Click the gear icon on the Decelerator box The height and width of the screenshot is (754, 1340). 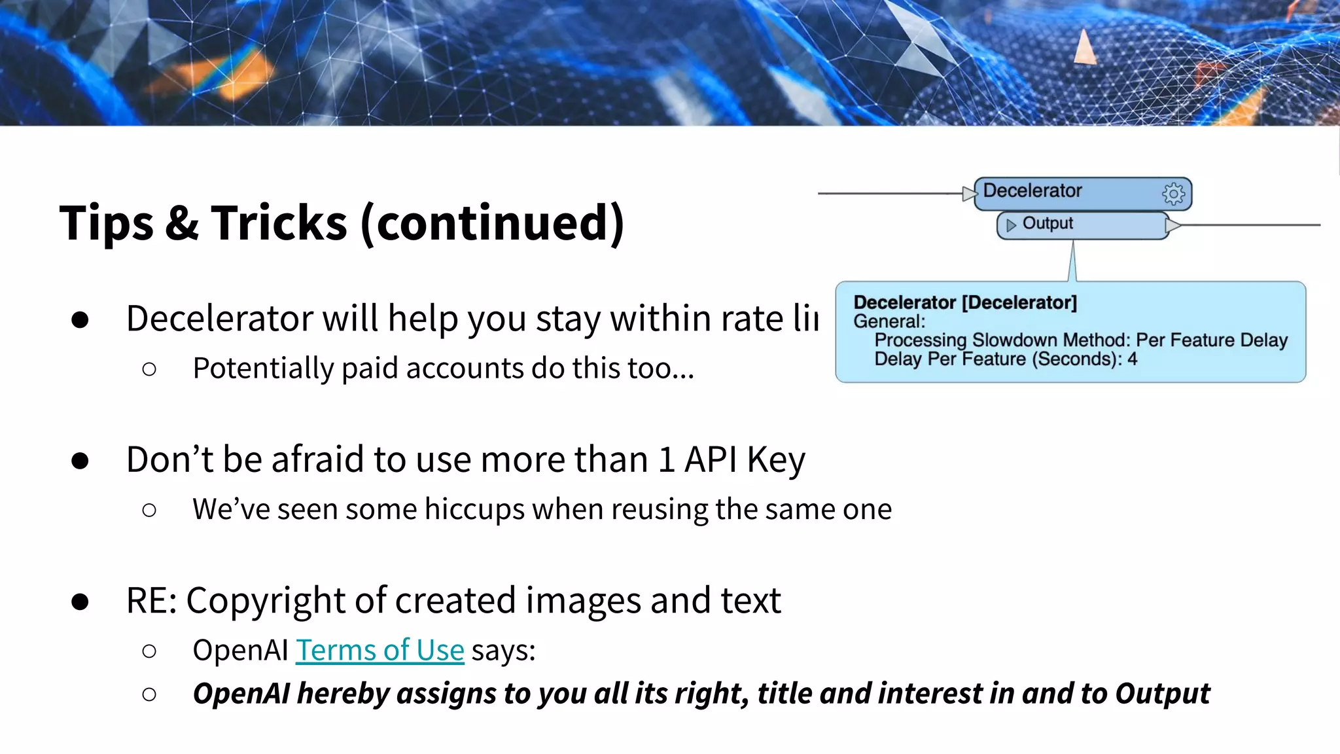pyautogui.click(x=1173, y=194)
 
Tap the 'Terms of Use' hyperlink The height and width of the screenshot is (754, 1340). pyautogui.click(x=379, y=651)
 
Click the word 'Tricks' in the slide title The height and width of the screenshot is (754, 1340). pyautogui.click(x=279, y=223)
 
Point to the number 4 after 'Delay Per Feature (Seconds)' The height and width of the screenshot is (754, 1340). pyautogui.click(x=1132, y=359)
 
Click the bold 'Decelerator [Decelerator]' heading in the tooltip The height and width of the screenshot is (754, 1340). pyautogui.click(x=964, y=302)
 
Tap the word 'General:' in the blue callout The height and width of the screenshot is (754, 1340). pyautogui.click(x=889, y=321)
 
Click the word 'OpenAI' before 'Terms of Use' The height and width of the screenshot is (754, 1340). pyautogui.click(x=240, y=651)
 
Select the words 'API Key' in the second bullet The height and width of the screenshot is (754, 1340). pyautogui.click(x=745, y=459)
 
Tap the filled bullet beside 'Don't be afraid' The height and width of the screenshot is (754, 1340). pyautogui.click(x=80, y=461)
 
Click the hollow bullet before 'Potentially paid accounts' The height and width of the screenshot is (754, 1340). pyautogui.click(x=149, y=369)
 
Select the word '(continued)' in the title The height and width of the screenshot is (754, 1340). pyautogui.click(x=492, y=223)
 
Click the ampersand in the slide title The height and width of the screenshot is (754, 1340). pyautogui.click(x=182, y=223)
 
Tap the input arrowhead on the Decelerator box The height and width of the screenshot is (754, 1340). pyautogui.click(x=969, y=193)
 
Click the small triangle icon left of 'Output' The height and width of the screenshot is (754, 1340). pyautogui.click(x=1011, y=225)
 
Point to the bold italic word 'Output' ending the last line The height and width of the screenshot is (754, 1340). pyautogui.click(x=1163, y=694)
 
